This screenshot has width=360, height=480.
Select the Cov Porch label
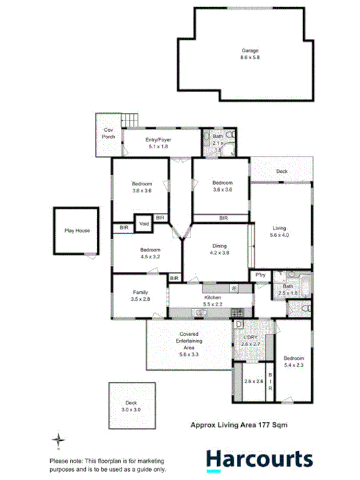pos(109,133)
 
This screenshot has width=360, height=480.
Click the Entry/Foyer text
pos(159,140)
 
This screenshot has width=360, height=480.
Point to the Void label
pos(144,224)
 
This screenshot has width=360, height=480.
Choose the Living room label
pos(279,228)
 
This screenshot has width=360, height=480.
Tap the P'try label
pos(260,276)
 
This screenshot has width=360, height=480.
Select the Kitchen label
pos(212,297)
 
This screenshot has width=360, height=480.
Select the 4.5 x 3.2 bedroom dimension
pos(150,256)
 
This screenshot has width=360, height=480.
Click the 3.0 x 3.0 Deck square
pos(132,407)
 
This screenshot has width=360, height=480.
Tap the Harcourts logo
pos(260,459)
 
